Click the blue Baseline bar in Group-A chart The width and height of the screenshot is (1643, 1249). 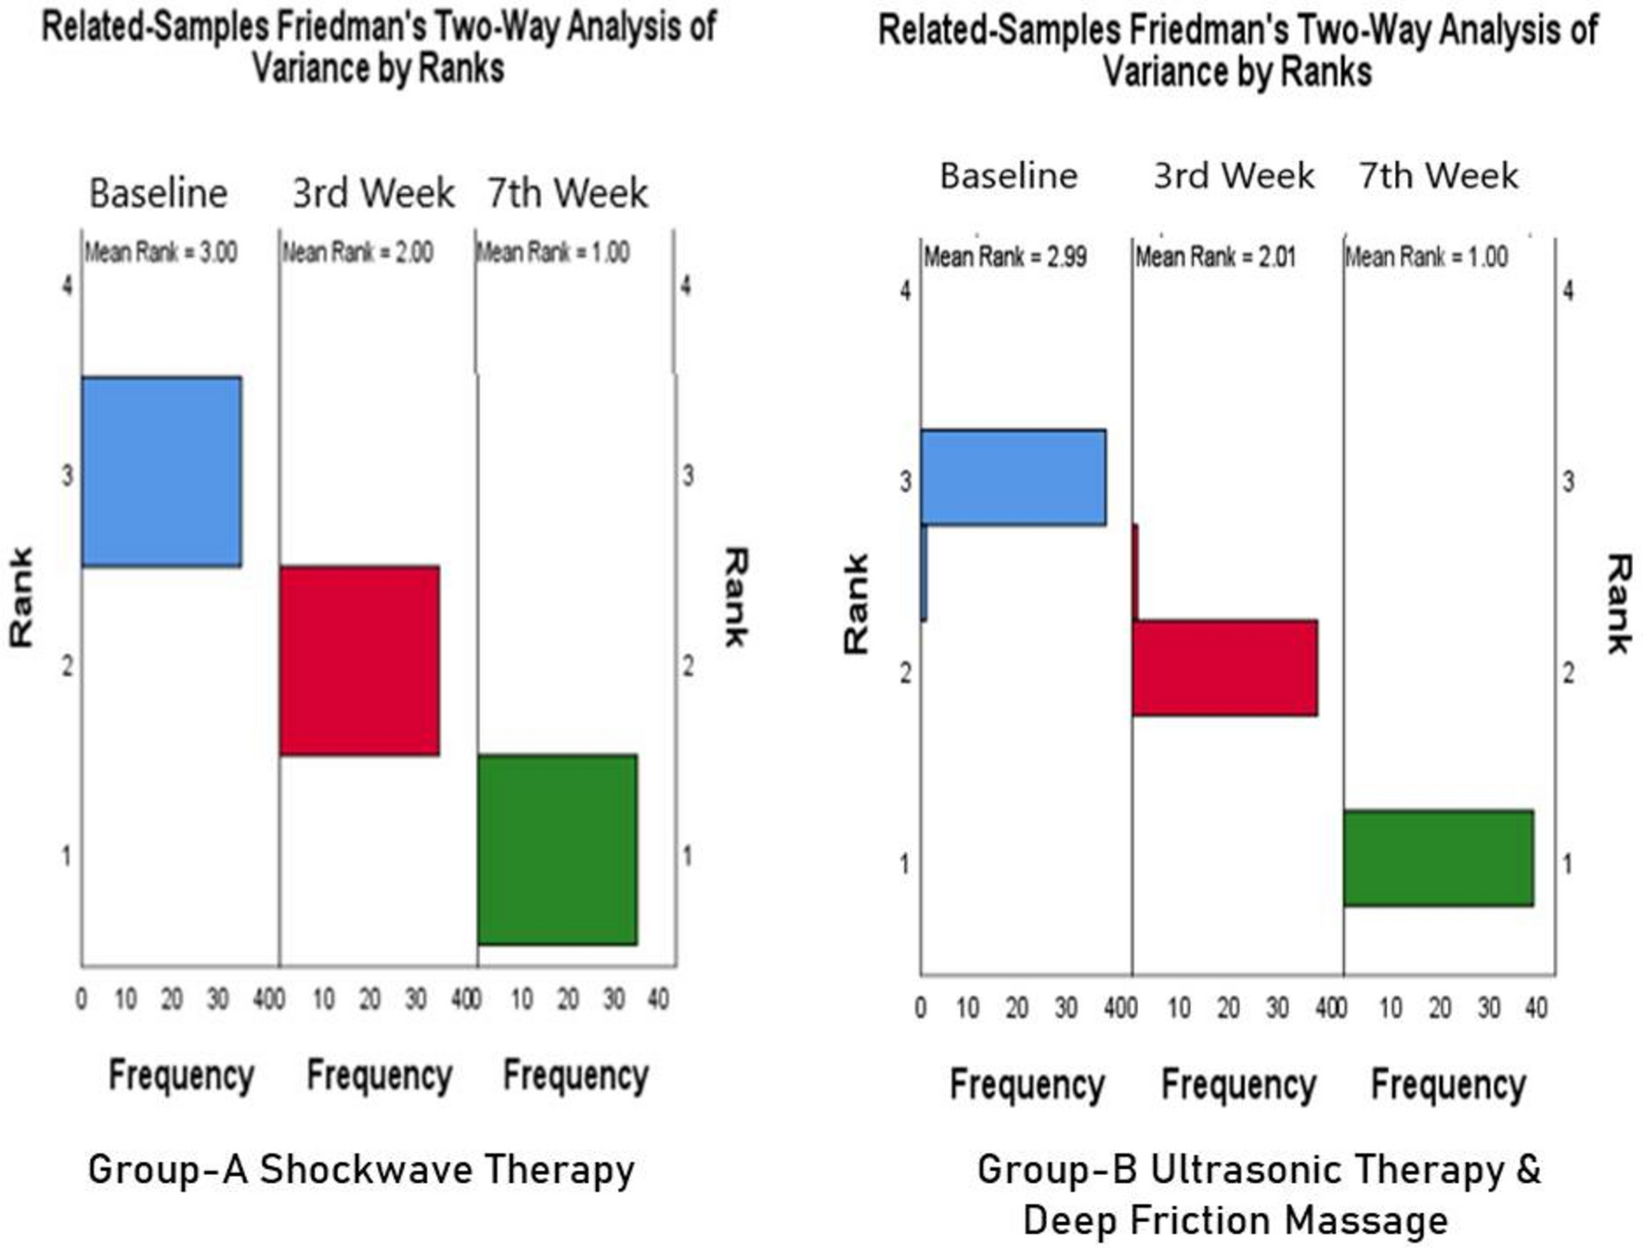click(162, 471)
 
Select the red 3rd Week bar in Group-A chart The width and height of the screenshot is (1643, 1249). click(359, 661)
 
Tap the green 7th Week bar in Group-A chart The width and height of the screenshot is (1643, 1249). click(557, 850)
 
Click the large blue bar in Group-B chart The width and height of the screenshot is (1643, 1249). click(1014, 477)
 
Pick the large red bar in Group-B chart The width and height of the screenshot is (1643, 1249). click(1224, 668)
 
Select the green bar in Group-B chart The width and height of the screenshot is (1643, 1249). click(1438, 858)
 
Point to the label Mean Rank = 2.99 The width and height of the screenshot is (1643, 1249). click(1004, 257)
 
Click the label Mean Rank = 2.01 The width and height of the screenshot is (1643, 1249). click(1215, 257)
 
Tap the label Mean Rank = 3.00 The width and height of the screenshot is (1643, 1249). click(162, 252)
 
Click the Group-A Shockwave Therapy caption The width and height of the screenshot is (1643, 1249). click(360, 1169)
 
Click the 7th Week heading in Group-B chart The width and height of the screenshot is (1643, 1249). click(1438, 175)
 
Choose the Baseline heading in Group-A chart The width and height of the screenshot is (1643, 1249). click(159, 194)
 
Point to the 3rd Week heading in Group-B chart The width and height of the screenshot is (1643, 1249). click(1234, 175)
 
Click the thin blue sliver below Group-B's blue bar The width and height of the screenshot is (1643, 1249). click(924, 573)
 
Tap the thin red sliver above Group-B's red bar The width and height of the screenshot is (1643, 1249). click(1135, 572)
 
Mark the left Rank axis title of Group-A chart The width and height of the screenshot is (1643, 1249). click(21, 597)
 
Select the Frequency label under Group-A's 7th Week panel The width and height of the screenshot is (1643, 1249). click(576, 1075)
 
